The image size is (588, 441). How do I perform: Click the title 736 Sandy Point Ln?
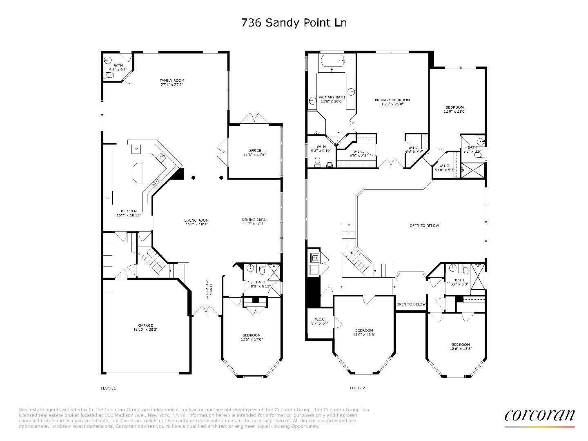294,23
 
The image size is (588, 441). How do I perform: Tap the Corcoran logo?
539,415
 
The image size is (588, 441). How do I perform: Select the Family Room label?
171,82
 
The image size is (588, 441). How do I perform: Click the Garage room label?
145,327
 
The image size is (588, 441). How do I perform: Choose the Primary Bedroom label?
392,102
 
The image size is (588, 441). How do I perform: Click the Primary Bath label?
332,99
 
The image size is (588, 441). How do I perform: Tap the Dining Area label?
254,222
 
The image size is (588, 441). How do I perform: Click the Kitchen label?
129,213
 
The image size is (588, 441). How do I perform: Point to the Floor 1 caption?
109,388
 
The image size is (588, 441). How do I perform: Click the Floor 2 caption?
357,388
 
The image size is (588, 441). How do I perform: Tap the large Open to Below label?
424,225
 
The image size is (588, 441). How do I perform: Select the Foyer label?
207,290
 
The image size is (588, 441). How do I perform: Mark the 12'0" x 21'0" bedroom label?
454,109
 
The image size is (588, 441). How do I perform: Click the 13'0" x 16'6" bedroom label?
364,332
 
